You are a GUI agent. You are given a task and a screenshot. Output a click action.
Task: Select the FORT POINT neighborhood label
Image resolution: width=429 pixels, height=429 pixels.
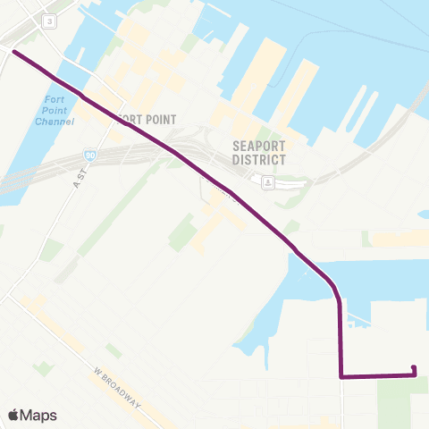pyautogui.click(x=142, y=119)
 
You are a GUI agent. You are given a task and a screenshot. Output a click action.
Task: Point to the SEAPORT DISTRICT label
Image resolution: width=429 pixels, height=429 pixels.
pyautogui.click(x=258, y=153)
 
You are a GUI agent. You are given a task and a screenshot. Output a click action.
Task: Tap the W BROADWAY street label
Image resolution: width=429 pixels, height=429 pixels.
pyautogui.click(x=117, y=387)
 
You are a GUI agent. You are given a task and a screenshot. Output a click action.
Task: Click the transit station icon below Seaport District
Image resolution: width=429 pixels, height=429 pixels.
pyautogui.click(x=267, y=182)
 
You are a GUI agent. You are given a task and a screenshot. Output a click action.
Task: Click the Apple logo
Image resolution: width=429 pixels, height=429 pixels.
pyautogui.click(x=13, y=416)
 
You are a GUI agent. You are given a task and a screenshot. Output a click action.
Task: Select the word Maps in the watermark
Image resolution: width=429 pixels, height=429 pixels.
pyautogui.click(x=39, y=416)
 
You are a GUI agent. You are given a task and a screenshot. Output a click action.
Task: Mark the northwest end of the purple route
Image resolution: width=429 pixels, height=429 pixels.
pyautogui.click(x=14, y=52)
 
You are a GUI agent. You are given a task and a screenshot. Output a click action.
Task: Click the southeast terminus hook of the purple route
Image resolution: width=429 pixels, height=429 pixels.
pyautogui.click(x=414, y=369)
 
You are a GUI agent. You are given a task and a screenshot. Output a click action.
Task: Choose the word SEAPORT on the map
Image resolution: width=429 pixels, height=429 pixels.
pyautogui.click(x=257, y=146)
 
